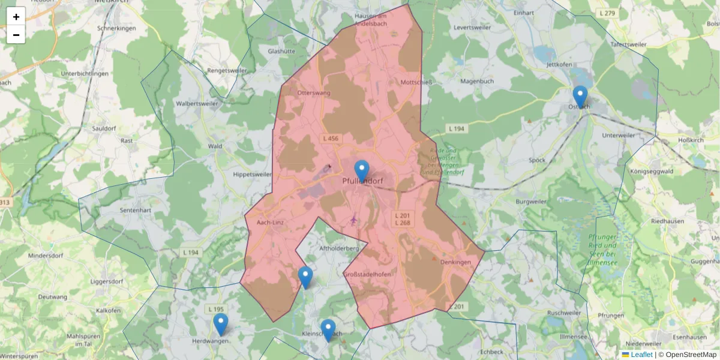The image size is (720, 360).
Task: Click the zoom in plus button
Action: point(16,17)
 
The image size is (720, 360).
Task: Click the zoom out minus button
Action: point(16,35)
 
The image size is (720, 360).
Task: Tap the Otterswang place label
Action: point(314,93)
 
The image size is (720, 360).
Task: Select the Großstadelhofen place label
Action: point(367,274)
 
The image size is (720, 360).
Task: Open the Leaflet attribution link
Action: point(641,355)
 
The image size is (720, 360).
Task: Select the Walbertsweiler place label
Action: point(197,103)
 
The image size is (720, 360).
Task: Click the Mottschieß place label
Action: point(416,82)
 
